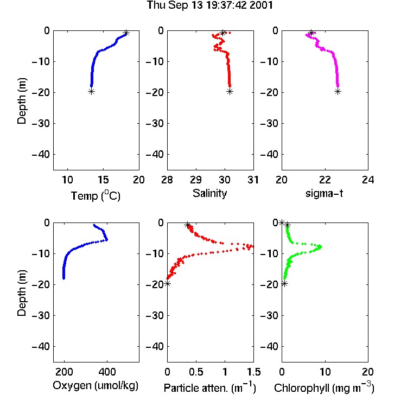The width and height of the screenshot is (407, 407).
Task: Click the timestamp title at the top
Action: coord(209,5)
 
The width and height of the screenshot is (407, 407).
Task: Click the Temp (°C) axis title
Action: coord(96,195)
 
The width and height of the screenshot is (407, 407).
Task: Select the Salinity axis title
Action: coord(209,193)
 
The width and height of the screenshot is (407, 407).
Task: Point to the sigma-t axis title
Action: coord(324,193)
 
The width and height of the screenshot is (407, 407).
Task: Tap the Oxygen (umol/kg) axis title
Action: coord(96,385)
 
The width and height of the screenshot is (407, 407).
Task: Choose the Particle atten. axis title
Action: coord(210,387)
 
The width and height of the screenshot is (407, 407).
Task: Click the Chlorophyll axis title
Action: coord(324,387)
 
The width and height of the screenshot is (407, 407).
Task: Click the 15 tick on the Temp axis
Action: coord(103,180)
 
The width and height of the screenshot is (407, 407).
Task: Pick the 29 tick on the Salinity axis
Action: coord(196,180)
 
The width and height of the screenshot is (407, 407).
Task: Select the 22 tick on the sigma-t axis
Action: coord(325,180)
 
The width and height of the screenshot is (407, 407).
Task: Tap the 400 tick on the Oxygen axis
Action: coord(107,372)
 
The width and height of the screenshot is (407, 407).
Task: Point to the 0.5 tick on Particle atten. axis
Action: coord(196,372)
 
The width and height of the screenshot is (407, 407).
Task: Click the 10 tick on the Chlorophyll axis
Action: coord(325,372)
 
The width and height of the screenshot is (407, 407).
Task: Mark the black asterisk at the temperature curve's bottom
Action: coord(91,91)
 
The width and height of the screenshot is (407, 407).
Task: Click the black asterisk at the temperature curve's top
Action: coord(126,33)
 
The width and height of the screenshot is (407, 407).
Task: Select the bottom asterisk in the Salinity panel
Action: coord(230,91)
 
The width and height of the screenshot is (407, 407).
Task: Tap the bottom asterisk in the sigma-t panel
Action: coord(338,91)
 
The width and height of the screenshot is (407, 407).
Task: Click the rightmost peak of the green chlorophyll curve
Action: coord(321,246)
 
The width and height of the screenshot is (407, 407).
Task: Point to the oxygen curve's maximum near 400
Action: coord(106,240)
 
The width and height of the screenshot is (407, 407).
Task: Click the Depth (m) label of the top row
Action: coord(22,101)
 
